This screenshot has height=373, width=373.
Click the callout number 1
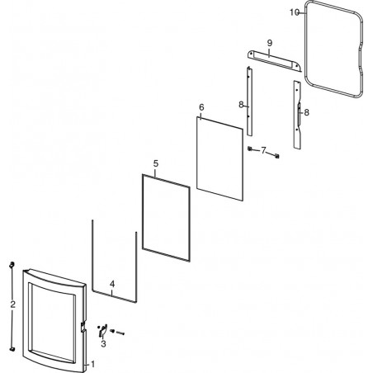click(92, 364)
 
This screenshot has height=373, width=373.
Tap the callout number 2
click(12, 305)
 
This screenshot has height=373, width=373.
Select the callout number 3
click(103, 344)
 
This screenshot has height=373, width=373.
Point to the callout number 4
click(112, 284)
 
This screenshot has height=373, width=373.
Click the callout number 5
click(156, 163)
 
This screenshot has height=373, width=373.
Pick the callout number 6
click(201, 107)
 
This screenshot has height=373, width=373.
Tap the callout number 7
click(263, 150)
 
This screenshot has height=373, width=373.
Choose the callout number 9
click(270, 43)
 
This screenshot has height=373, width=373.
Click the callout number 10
click(294, 12)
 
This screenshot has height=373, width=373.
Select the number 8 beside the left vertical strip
click(241, 105)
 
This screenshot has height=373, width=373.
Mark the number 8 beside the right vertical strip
click(306, 112)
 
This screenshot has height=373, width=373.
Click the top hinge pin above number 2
click(12, 265)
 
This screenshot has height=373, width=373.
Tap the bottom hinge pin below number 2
click(12, 349)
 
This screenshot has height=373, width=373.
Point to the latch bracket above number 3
click(102, 331)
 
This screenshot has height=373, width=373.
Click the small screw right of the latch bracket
click(118, 332)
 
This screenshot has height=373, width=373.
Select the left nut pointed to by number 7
click(249, 149)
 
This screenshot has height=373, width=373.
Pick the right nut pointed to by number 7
click(276, 156)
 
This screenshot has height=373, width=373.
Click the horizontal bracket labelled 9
click(274, 60)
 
